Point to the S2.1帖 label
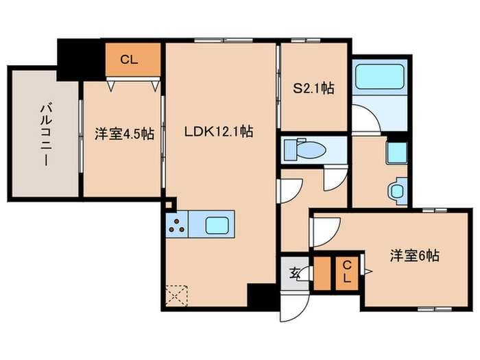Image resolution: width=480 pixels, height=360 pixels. [313, 88]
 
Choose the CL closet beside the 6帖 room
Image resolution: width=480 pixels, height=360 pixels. [347, 272]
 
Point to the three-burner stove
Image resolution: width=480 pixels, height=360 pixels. [178, 224]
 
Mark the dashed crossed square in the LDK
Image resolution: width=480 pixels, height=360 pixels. [177, 295]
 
